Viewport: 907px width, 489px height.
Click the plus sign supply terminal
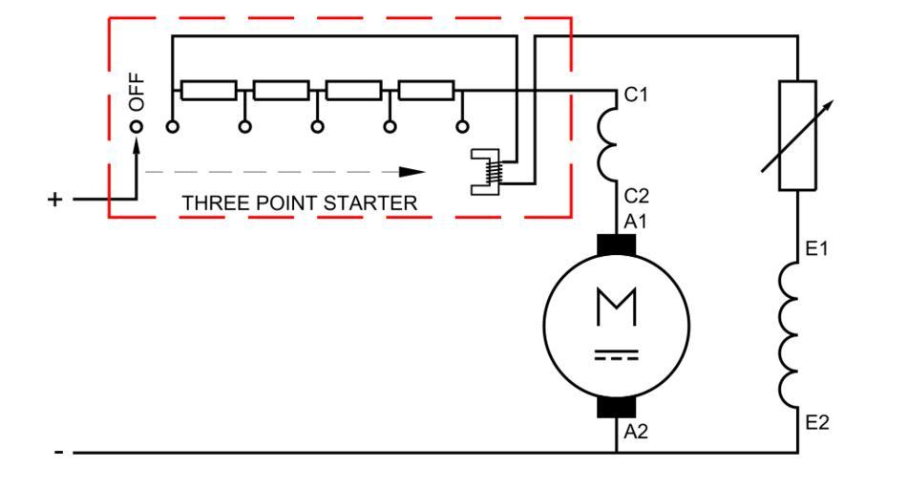[55, 200]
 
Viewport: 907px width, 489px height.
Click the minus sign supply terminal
[60, 453]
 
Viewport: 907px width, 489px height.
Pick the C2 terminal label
[637, 196]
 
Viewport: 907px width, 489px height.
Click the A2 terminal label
[637, 432]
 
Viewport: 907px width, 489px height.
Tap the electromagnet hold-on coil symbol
[491, 173]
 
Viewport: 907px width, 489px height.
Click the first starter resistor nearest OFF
[209, 91]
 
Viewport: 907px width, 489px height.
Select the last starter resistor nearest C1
[426, 91]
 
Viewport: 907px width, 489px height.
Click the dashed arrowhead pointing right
[411, 172]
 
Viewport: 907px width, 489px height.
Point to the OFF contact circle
[137, 126]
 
